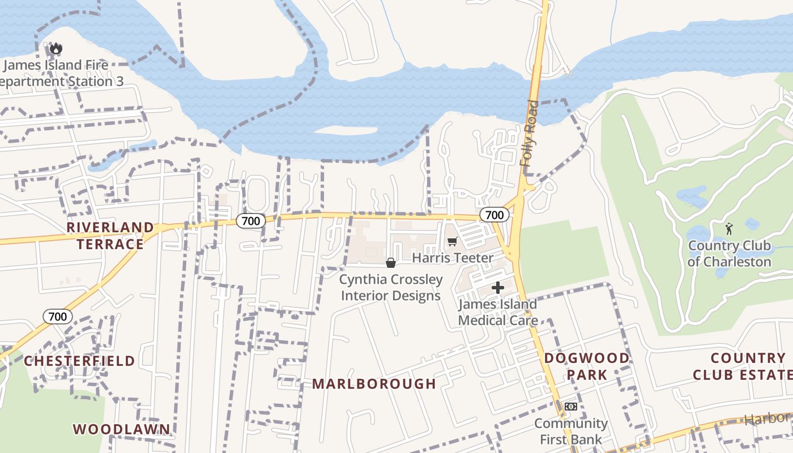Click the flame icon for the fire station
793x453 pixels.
click(56, 49)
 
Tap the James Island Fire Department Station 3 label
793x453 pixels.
click(60, 74)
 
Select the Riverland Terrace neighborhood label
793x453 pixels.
click(110, 236)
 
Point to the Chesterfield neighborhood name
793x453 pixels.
click(79, 361)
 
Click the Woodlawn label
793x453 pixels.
click(121, 429)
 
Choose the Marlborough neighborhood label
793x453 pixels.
click(374, 384)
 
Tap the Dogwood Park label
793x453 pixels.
click(587, 366)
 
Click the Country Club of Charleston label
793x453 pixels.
click(729, 254)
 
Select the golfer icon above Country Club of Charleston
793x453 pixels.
click(729, 229)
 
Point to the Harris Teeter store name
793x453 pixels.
click(453, 258)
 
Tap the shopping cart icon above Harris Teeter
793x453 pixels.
click(452, 242)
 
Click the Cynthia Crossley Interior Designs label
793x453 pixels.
click(391, 288)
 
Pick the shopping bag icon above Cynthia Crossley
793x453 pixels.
click(390, 263)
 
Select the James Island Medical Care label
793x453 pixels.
click(497, 312)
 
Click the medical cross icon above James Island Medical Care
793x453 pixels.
click(497, 288)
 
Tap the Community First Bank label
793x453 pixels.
click(571, 431)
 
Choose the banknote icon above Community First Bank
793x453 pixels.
click(571, 407)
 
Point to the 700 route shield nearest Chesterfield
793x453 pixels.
click(58, 317)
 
